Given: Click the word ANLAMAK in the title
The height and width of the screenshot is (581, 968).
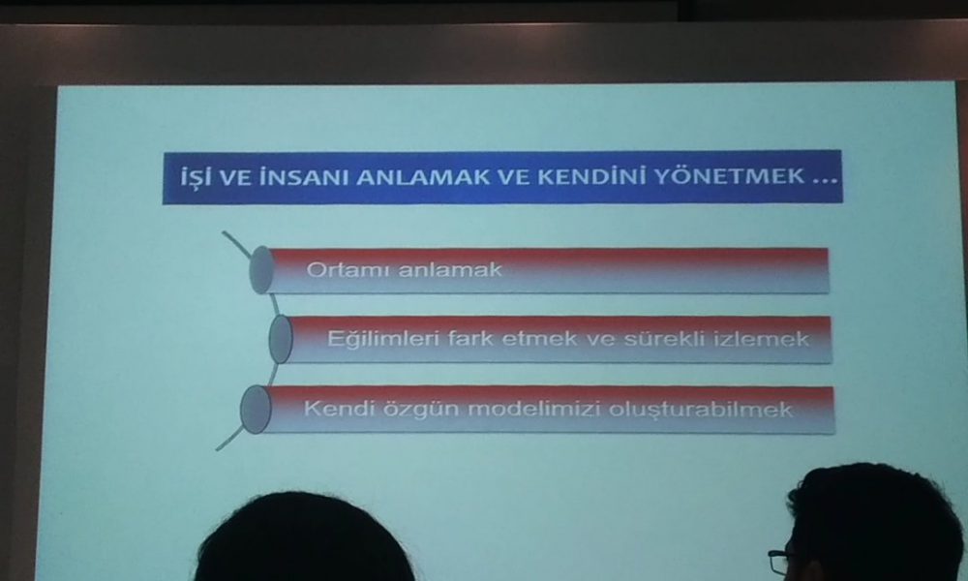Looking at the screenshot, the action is pos(425,178).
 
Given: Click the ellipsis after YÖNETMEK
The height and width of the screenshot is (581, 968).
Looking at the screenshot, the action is pos(825,181).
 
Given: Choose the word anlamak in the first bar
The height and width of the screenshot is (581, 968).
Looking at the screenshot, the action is pos(450,270).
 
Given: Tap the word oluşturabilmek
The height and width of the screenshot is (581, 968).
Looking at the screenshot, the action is pos(700,410).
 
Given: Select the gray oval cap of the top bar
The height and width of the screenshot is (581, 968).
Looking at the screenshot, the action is pos(261,270).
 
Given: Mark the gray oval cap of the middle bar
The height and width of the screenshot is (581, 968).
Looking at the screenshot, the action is pos(281,339).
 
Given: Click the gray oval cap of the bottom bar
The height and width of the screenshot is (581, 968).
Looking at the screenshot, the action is pos(256,410).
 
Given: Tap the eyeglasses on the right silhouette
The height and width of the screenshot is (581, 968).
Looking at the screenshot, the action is pos(778,562).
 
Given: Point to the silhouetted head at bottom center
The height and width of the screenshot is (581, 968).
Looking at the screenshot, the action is pos(302,538).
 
